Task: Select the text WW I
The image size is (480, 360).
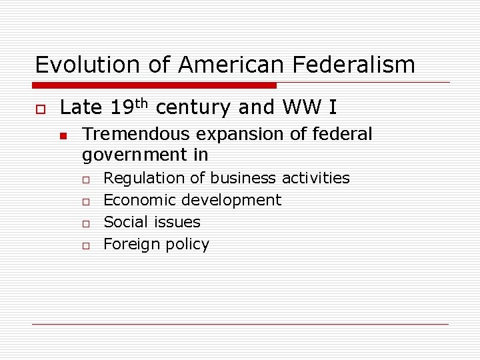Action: point(309,107)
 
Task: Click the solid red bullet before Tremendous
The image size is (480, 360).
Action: point(62,135)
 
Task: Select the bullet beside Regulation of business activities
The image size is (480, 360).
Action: point(86,179)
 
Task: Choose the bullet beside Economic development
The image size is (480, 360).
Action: point(86,201)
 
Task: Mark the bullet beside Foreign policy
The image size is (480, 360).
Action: point(86,245)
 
